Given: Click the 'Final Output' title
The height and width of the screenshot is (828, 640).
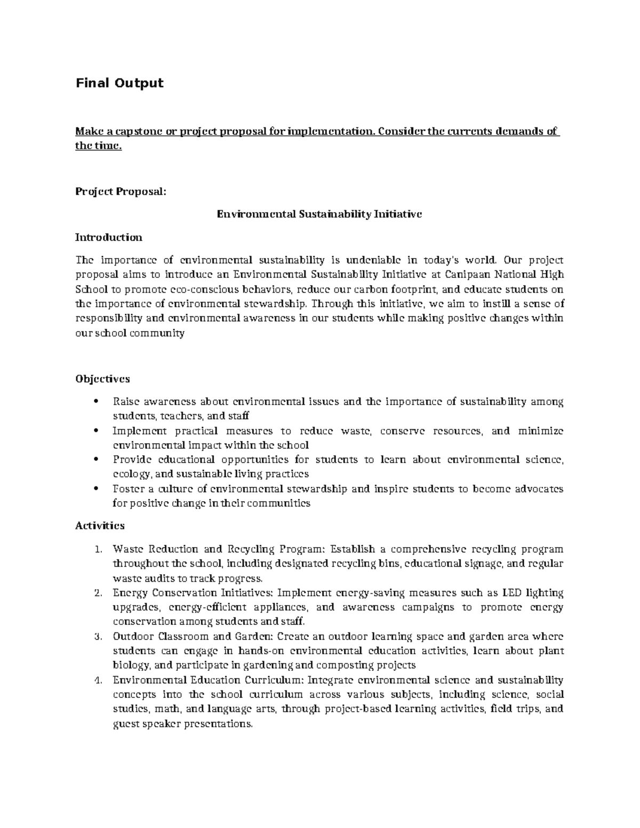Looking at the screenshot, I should (x=119, y=83).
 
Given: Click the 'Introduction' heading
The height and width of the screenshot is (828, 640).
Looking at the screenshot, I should (x=109, y=237).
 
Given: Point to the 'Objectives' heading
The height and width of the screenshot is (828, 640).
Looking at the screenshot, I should (x=102, y=379).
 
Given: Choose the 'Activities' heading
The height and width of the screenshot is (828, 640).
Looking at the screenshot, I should (x=100, y=525).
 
